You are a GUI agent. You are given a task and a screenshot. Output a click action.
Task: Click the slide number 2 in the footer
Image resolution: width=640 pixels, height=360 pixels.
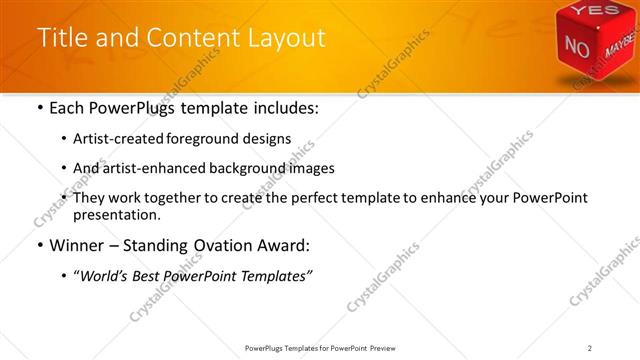point(590,348)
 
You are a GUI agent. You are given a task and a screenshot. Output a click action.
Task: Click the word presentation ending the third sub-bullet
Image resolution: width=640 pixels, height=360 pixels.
point(116,214)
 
